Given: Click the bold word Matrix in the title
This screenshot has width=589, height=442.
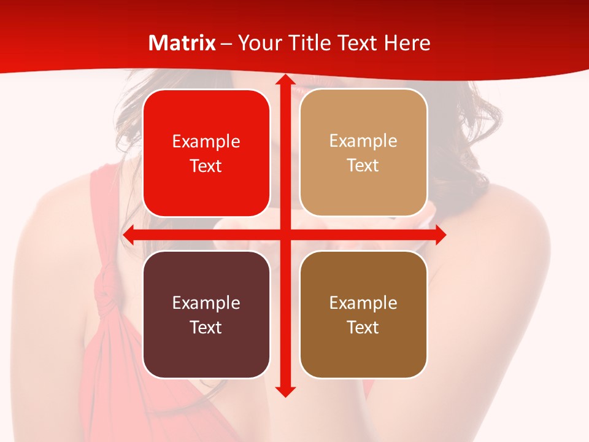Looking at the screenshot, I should tap(182, 43).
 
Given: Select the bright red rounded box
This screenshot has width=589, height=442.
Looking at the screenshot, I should tap(206, 153).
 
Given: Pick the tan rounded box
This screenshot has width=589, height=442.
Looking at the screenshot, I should tap(363, 153).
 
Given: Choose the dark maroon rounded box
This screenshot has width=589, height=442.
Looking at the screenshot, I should tap(206, 314).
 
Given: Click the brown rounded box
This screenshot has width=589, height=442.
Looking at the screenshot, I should tap(363, 314).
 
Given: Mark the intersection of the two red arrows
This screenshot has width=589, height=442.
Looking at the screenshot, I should tap(285, 235).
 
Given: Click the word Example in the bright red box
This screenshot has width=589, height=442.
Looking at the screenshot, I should tap(206, 142).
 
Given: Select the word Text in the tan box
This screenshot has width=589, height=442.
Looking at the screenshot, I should tap(363, 166).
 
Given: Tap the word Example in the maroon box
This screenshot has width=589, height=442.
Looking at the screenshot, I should tap(206, 303).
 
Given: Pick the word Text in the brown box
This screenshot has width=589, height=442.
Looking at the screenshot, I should tap(363, 327).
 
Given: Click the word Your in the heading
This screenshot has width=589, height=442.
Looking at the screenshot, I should tap(257, 43).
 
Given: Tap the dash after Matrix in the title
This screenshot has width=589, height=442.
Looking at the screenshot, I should tap(226, 44).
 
